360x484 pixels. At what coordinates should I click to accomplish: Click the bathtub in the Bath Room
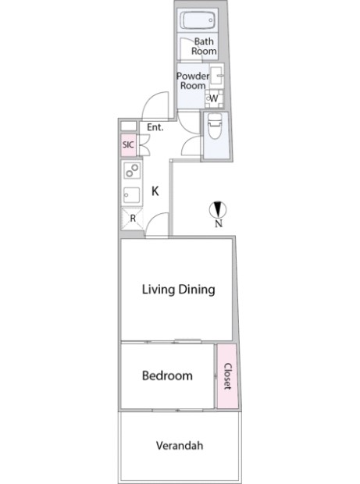tap(198, 20)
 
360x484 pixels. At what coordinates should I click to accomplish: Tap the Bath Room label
tap(204, 46)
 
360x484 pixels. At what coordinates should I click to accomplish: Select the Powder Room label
tap(193, 80)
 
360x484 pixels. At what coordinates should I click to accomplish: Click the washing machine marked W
tap(214, 98)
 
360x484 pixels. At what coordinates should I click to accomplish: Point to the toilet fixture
tap(216, 126)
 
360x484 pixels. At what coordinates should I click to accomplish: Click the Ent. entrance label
tap(155, 127)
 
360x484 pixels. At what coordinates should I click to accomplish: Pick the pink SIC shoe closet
tap(128, 144)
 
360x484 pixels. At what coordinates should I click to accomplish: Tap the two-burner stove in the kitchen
tap(132, 170)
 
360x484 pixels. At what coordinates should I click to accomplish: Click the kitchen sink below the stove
tap(132, 195)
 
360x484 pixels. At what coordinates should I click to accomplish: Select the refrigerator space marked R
tap(132, 219)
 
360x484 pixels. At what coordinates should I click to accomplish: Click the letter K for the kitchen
tap(155, 191)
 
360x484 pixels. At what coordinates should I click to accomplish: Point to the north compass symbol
tap(218, 210)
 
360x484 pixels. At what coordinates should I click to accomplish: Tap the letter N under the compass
tap(219, 223)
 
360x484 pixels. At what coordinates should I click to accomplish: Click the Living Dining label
tap(179, 290)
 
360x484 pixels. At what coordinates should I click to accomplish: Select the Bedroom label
tap(167, 375)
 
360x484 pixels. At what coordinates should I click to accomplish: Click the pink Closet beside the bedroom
tap(227, 376)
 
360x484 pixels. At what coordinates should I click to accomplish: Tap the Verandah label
tap(180, 446)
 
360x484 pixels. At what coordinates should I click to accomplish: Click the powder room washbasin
tap(217, 76)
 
